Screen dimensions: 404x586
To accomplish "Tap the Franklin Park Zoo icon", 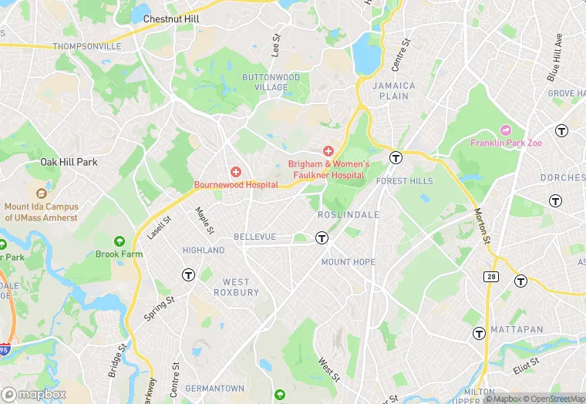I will pos(506,130).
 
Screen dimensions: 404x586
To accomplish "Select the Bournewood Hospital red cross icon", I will pos(236,172).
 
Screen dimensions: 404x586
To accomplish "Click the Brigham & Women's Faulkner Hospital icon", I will pos(328,150).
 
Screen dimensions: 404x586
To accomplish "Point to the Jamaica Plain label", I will pos(394,91).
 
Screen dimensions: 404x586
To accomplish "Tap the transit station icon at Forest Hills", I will pos(396,157).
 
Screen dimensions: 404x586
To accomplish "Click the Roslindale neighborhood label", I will pos(349,215).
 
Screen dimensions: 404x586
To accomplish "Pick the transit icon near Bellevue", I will pos(322,238).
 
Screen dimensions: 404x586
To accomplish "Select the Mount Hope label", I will pos(348,262).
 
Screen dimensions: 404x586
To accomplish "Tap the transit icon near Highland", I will pos(188,274).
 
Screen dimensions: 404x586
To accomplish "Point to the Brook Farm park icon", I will pos(119,241).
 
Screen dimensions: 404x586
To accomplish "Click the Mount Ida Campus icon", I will pos(42,193).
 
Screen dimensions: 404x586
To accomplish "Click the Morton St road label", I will pos(483,225).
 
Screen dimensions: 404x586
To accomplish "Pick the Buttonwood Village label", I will pos(271,82).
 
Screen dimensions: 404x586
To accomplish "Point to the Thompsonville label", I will pos(87,46).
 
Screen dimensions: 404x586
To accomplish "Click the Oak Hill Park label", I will pos(69,162).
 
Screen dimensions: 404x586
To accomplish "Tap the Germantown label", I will pos(215,389).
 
